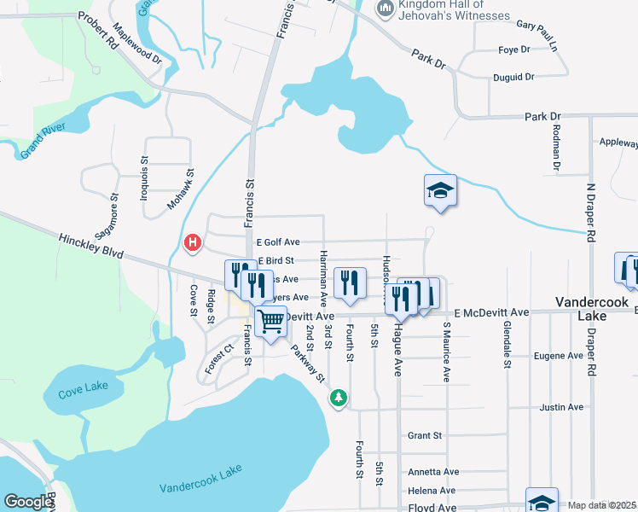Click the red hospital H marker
194,243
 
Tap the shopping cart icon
270,323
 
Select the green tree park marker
339,398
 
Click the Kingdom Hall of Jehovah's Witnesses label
452,10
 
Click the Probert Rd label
96,30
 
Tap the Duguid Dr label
513,77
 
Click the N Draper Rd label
590,214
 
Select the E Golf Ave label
277,242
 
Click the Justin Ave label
561,408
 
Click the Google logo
28,502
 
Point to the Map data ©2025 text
601,505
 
